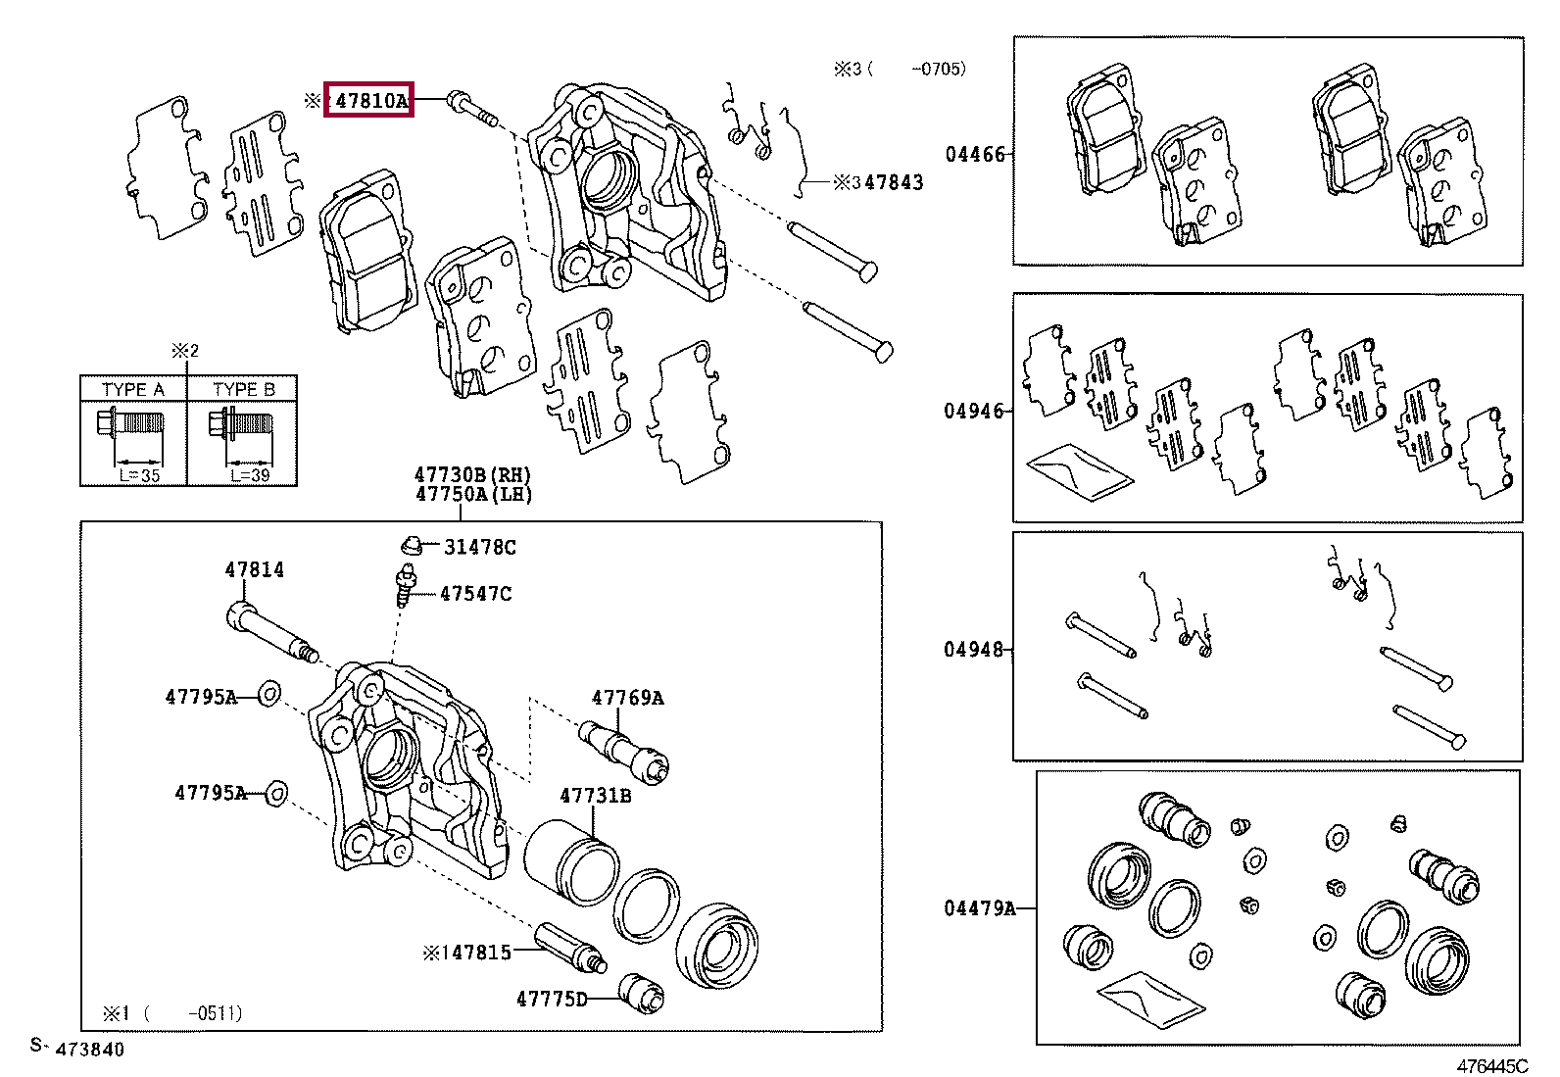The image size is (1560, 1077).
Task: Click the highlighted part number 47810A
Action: [371, 100]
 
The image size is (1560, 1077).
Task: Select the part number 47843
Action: [894, 182]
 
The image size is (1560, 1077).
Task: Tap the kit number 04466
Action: [975, 154]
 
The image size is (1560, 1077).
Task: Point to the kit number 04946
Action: [974, 411]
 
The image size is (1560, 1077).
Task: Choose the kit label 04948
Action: [974, 650]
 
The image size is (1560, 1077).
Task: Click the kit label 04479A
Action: [979, 908]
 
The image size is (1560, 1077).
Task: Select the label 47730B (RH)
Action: [473, 475]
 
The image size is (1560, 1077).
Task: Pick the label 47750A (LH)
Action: [473, 494]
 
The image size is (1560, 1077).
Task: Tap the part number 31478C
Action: [480, 548]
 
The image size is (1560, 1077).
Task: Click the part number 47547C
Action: [475, 594]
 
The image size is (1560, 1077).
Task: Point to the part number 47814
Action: [254, 570]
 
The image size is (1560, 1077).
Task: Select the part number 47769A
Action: [627, 698]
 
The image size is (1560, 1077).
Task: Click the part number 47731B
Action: [596, 796]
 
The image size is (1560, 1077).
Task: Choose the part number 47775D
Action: [552, 1000]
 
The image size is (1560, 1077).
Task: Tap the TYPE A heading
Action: [133, 389]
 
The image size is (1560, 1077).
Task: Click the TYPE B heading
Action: [244, 389]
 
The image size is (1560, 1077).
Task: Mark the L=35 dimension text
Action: [139, 476]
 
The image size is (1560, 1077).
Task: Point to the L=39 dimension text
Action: [250, 476]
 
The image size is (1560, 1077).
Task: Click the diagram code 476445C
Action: [1492, 1066]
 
